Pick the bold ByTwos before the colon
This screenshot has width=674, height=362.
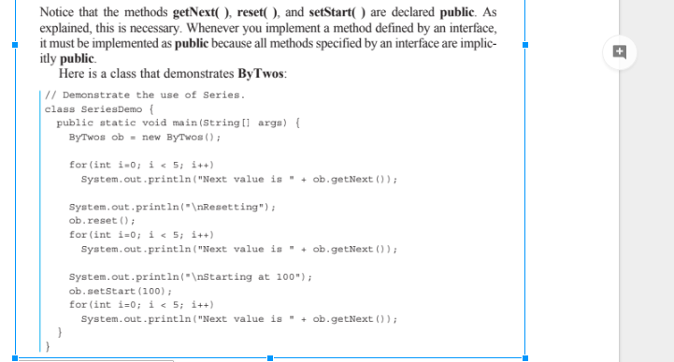pyautogui.click(x=261, y=74)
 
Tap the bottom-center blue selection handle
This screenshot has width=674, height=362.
pyautogui.click(x=269, y=357)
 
